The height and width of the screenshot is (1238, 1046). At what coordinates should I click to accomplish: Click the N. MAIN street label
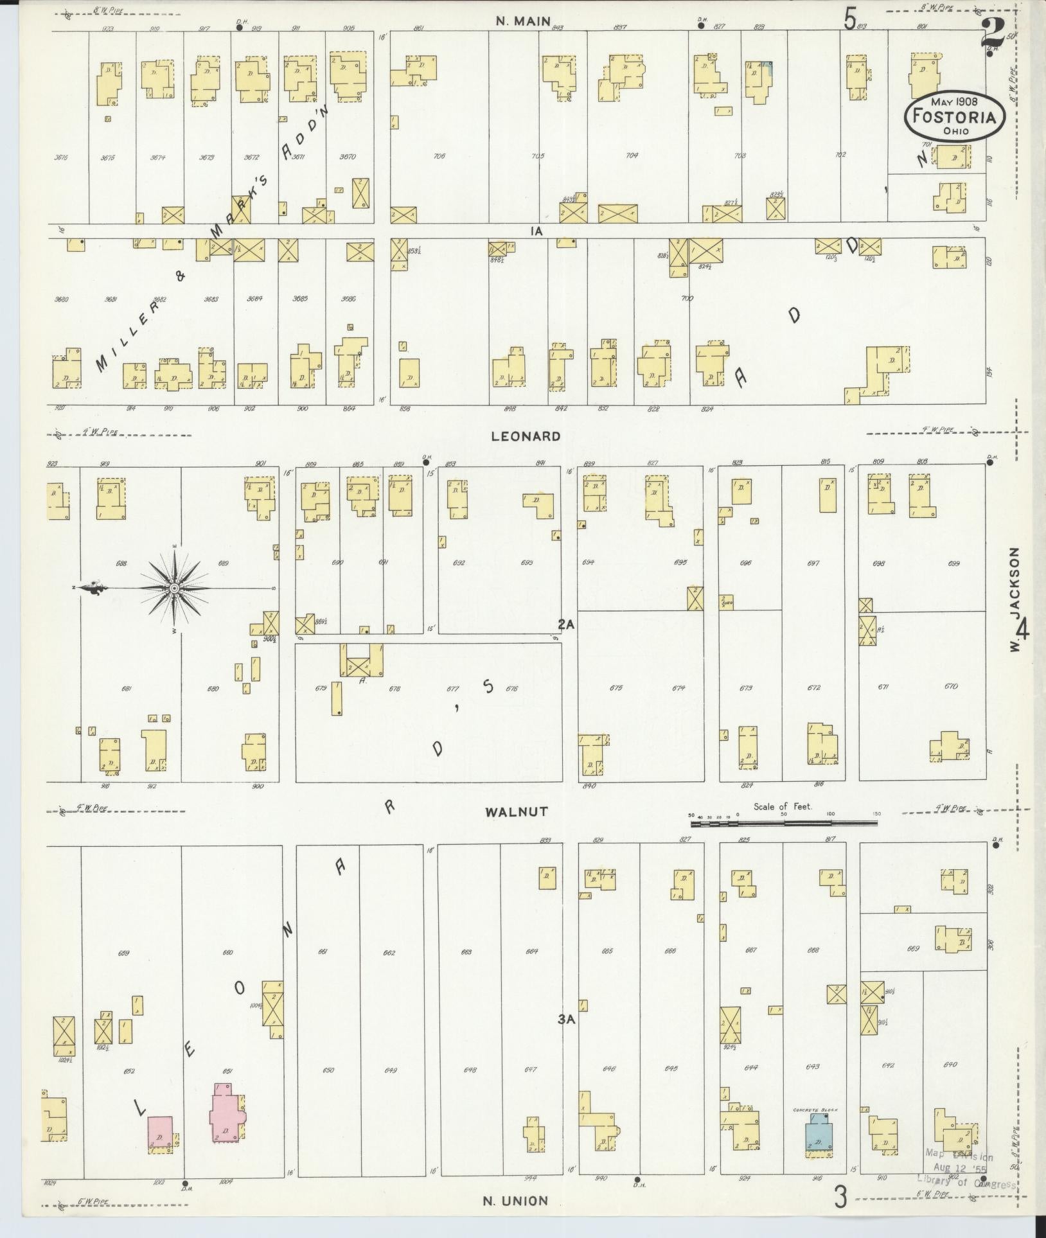pos(522,22)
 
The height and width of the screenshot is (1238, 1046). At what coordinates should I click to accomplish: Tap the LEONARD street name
pos(526,436)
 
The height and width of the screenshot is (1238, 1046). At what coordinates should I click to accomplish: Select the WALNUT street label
pos(525,812)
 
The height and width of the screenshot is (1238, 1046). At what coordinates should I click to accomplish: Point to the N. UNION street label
pos(517,1200)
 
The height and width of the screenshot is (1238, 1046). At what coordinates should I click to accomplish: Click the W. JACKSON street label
pos(1015,599)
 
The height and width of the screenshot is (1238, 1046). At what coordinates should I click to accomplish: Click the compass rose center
pos(174,588)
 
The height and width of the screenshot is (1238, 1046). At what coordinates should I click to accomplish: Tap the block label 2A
pos(565,624)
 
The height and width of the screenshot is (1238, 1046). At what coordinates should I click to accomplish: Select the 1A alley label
pos(537,232)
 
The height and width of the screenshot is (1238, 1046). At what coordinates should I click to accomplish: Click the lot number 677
pos(453,689)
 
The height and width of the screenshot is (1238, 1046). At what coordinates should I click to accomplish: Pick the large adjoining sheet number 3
pos(840,1197)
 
